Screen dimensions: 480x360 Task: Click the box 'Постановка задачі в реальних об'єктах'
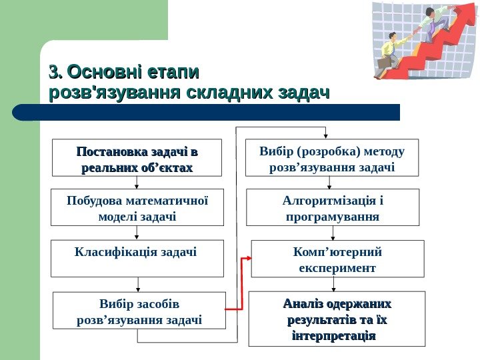pos(137,158)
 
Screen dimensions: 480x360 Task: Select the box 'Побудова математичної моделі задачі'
pos(137,208)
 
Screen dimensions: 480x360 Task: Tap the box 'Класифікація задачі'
pos(137,258)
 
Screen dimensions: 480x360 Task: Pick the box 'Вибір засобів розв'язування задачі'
pos(139,311)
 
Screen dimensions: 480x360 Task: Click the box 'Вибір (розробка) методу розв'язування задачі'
pos(332,158)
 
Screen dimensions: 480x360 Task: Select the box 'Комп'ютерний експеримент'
pos(337,259)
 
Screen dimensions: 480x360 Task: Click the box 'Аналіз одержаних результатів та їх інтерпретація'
pos(337,319)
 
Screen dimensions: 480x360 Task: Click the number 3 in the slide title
pos(54,72)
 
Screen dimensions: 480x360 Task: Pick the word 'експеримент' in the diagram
pos(336,268)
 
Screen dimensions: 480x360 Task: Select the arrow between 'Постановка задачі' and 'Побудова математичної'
pos(137,183)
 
